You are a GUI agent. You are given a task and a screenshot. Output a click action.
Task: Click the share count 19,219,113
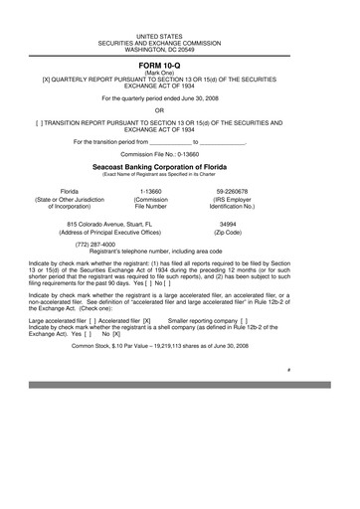coord(176,346)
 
